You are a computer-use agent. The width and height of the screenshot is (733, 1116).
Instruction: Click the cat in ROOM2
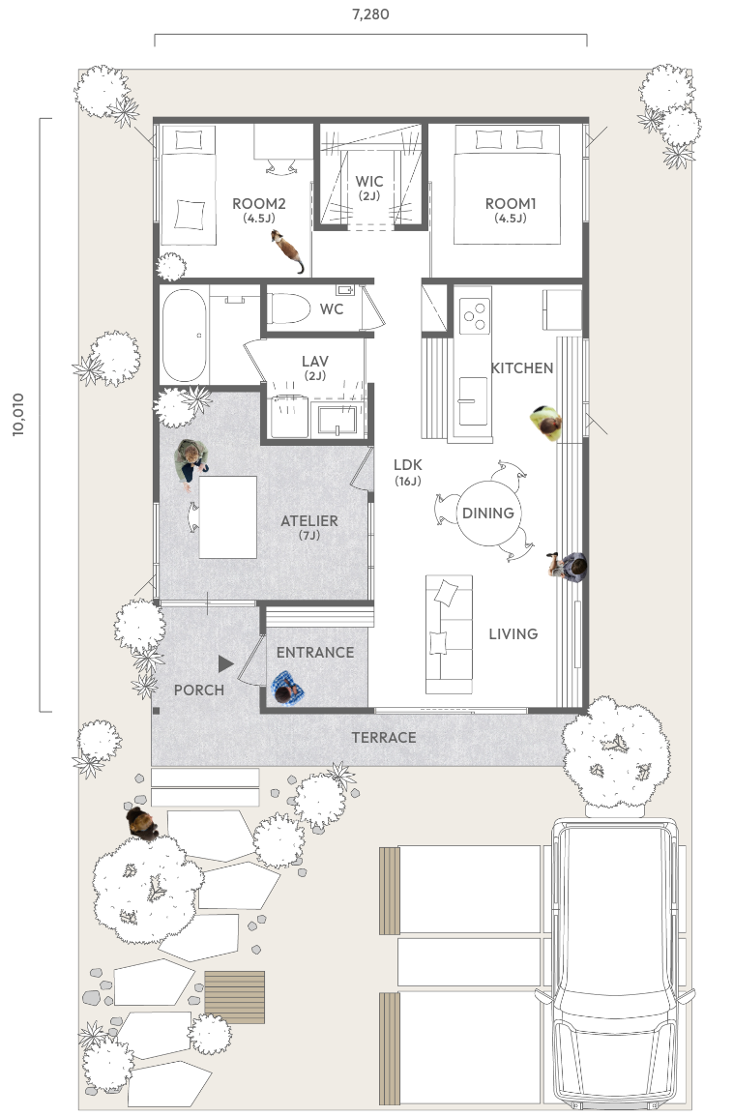click(287, 250)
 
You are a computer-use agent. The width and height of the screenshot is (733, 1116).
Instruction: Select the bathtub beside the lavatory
click(185, 336)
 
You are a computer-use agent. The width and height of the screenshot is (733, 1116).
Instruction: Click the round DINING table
click(488, 514)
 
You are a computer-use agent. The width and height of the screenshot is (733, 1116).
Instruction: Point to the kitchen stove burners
click(474, 315)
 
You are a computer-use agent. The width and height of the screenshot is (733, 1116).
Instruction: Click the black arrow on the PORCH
click(225, 664)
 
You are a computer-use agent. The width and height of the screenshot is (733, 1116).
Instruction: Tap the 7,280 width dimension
click(370, 14)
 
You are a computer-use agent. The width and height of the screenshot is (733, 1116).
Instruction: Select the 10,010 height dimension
click(18, 414)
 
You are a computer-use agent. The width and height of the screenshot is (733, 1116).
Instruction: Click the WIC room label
click(369, 182)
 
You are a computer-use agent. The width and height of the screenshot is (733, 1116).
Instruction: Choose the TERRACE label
click(384, 737)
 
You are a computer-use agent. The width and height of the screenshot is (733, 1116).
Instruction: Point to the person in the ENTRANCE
click(287, 689)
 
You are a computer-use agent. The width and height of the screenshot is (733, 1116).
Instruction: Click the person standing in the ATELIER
click(191, 461)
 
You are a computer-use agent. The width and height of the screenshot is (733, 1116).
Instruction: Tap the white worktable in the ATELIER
click(227, 517)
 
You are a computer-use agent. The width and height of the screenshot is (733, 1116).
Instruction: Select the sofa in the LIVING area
click(449, 634)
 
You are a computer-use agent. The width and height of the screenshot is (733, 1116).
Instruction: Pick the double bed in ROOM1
click(508, 185)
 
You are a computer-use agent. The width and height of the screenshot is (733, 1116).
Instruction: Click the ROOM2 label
click(259, 204)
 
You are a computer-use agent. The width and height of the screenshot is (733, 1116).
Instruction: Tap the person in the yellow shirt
click(546, 423)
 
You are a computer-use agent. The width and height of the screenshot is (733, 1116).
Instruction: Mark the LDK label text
click(408, 465)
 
